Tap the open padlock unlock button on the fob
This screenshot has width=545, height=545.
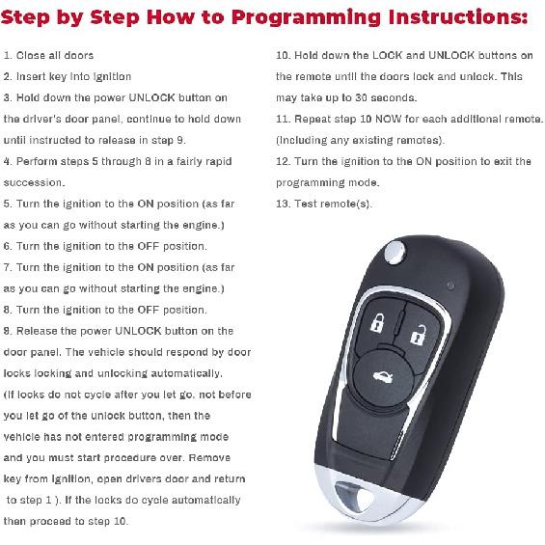pos(418,336)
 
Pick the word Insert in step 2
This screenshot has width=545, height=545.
pos(31,76)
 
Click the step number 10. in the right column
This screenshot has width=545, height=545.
pos(284,56)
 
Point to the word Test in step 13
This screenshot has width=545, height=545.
pos(309,204)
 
